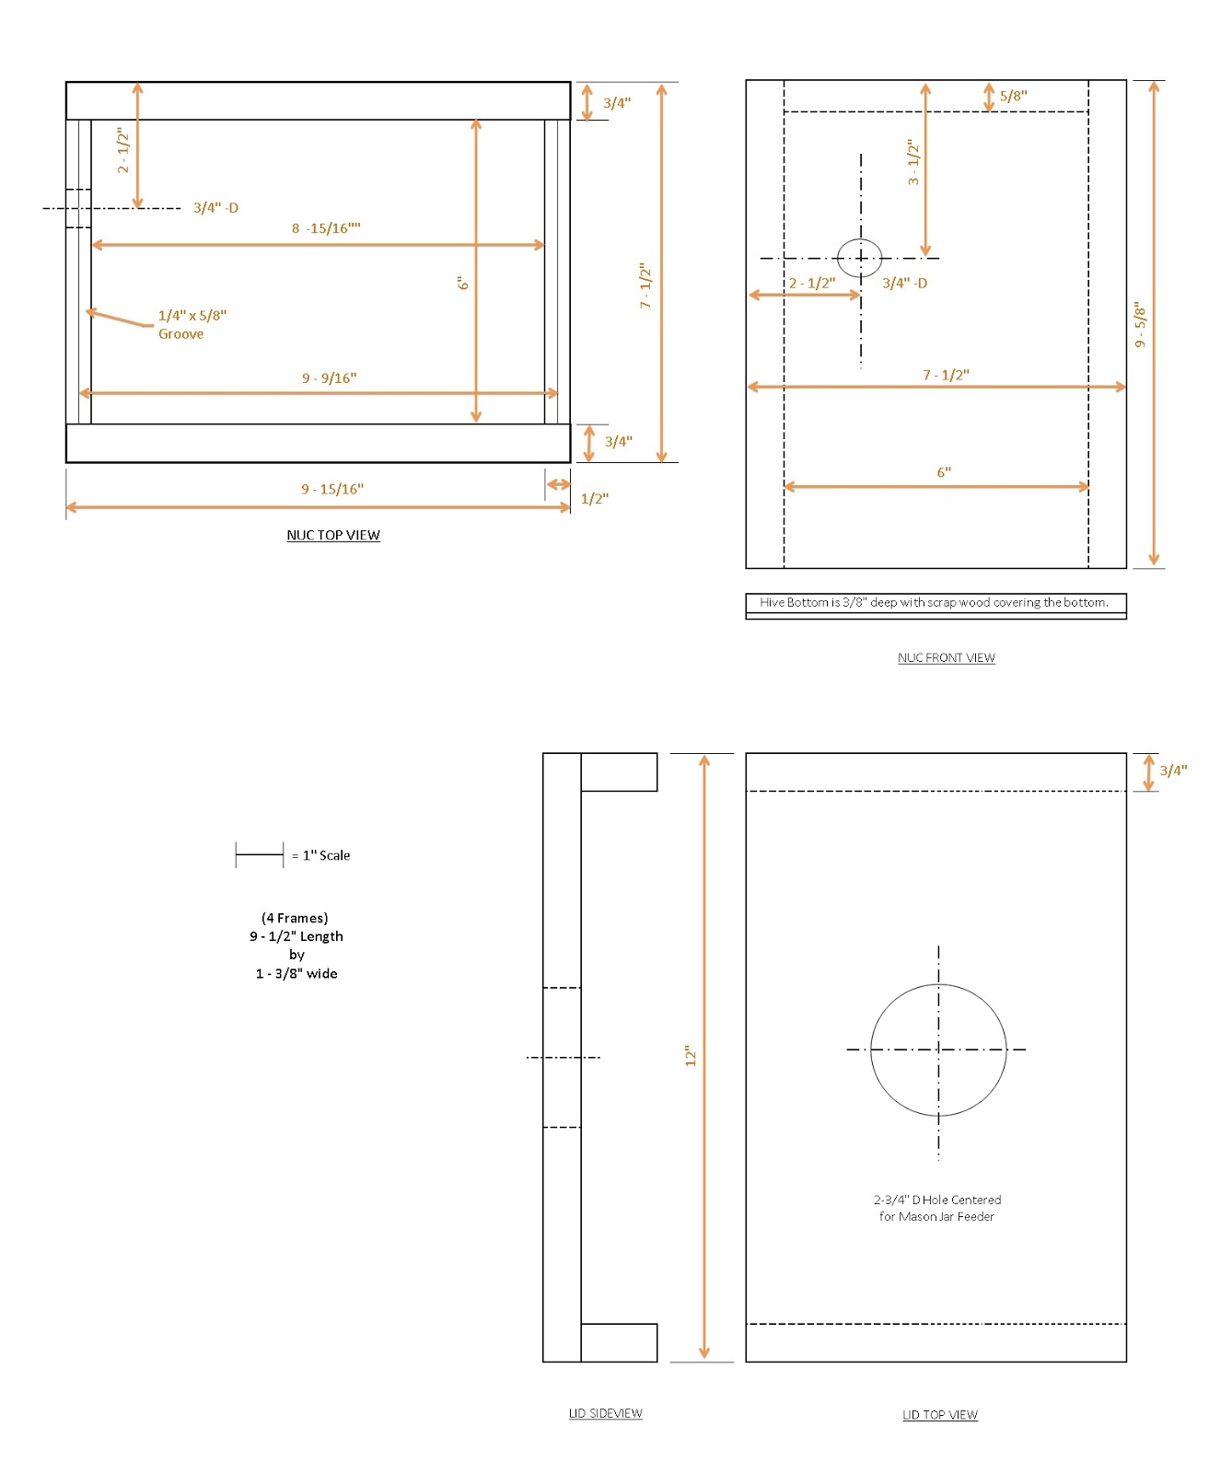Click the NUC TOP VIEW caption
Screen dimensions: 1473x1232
click(332, 535)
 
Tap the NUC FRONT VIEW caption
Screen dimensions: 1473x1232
click(946, 657)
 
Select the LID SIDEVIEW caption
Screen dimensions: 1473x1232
click(605, 1413)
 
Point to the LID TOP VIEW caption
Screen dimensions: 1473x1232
click(939, 1415)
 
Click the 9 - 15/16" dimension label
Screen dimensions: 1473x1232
click(332, 489)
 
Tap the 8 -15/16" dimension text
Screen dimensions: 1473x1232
click(326, 228)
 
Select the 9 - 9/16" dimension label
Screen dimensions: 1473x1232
click(329, 378)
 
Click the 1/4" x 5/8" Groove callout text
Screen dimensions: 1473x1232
click(192, 324)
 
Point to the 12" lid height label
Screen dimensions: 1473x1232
click(691, 1056)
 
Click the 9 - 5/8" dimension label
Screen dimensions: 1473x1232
click(1140, 324)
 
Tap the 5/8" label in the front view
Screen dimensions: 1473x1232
click(1013, 96)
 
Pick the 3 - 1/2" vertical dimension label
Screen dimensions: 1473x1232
click(912, 162)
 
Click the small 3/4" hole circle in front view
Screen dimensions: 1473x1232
click(860, 258)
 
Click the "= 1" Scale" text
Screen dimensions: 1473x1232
click(320, 855)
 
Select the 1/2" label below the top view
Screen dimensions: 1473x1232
click(594, 499)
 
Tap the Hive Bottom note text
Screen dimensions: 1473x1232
click(934, 602)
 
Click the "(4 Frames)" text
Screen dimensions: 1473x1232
click(295, 918)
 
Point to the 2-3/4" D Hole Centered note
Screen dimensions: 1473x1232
click(936, 1208)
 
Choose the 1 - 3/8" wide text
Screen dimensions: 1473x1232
click(296, 973)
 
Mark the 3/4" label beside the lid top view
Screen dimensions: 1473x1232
click(1172, 771)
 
